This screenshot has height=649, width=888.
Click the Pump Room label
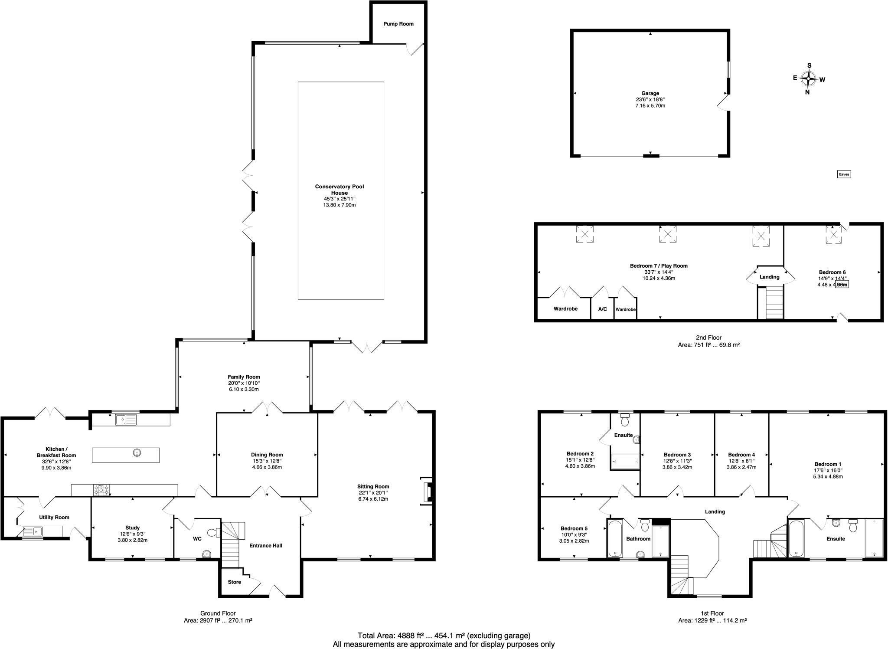pyautogui.click(x=398, y=24)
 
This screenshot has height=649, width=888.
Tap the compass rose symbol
pyautogui.click(x=808, y=79)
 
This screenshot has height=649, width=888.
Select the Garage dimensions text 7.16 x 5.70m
pyautogui.click(x=650, y=105)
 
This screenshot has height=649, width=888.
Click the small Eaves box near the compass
pyautogui.click(x=844, y=174)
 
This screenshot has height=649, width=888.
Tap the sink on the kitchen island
pyautogui.click(x=137, y=453)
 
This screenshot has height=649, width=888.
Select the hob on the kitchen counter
pyautogui.click(x=101, y=490)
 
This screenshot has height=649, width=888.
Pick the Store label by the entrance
pyautogui.click(x=234, y=582)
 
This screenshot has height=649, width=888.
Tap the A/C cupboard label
pyautogui.click(x=602, y=309)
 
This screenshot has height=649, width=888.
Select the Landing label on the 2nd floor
pyautogui.click(x=770, y=277)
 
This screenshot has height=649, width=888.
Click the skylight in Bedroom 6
pyautogui.click(x=833, y=233)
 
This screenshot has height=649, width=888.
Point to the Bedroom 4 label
pyautogui.click(x=741, y=455)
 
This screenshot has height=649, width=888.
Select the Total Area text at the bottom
pyautogui.click(x=444, y=636)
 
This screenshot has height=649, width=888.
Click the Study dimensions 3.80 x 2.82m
pyautogui.click(x=132, y=540)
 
